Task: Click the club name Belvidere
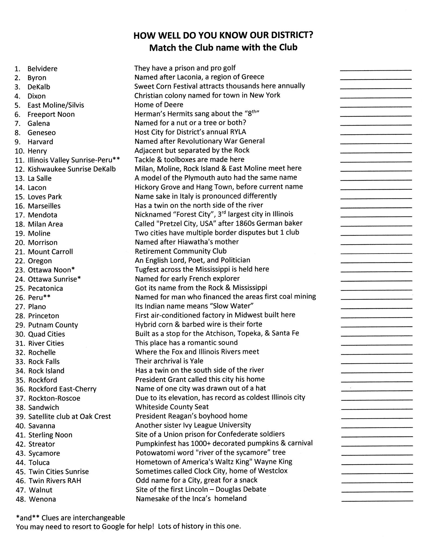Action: point(42,69)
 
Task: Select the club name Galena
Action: point(39,123)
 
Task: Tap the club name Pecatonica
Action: point(45,288)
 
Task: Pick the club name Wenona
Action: point(42,499)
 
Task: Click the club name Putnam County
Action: point(53,325)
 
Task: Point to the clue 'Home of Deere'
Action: point(159,104)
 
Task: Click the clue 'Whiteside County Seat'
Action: point(172,407)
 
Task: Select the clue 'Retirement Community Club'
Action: point(181,251)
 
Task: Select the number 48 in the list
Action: point(19,499)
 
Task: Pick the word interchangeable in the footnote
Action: point(99,517)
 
